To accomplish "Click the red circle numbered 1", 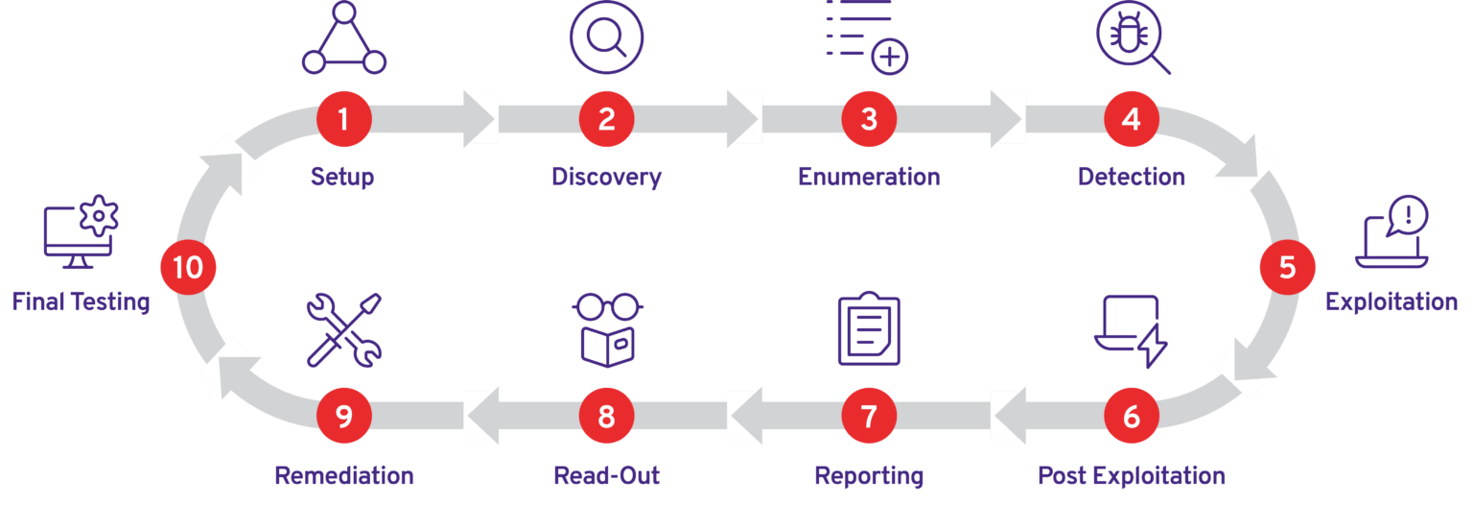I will (x=343, y=119).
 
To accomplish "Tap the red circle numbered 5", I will (x=1287, y=267).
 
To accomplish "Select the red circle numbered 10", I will (x=188, y=267).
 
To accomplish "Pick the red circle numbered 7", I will (x=869, y=417).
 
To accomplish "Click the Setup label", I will (x=342, y=177).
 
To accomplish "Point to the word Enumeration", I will (x=869, y=177).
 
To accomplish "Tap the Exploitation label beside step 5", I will (x=1391, y=301).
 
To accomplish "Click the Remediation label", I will (x=344, y=476).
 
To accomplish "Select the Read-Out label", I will (x=607, y=476).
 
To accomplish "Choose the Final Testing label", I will (x=82, y=302).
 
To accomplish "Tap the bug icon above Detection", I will (x=1133, y=36).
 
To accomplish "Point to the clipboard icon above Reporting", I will (x=869, y=329).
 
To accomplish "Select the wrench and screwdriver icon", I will (x=343, y=329).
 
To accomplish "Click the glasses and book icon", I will (x=607, y=329).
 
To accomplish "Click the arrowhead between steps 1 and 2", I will (x=479, y=119).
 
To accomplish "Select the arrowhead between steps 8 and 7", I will (x=745, y=417).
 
